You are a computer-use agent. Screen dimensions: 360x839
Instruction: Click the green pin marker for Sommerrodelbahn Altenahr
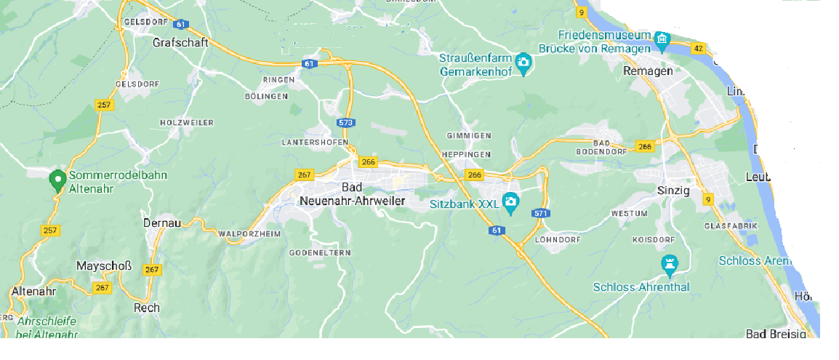pyautogui.click(x=57, y=180)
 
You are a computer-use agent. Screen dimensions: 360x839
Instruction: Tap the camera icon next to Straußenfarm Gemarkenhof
pyautogui.click(x=523, y=64)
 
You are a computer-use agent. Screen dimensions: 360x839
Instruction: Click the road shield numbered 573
pyautogui.click(x=346, y=124)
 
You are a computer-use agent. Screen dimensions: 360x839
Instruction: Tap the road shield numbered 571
pyautogui.click(x=539, y=213)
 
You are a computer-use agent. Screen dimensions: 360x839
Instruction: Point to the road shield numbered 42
pyautogui.click(x=699, y=48)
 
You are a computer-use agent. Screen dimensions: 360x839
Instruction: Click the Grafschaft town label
pyautogui.click(x=180, y=43)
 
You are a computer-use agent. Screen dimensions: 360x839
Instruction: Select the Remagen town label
pyautogui.click(x=648, y=71)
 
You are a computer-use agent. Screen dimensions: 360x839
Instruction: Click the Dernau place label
pyautogui.click(x=161, y=223)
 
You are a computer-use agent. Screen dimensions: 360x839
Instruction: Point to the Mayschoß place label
pyautogui.click(x=104, y=266)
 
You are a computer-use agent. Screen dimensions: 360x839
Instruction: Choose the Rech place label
pyautogui.click(x=146, y=308)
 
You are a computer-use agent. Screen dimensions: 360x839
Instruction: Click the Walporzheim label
pyautogui.click(x=249, y=234)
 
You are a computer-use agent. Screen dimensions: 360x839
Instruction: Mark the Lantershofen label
pyautogui.click(x=315, y=143)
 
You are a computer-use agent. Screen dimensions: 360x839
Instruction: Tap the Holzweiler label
pyautogui.click(x=187, y=123)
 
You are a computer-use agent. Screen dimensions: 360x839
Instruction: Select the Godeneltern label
pyautogui.click(x=320, y=252)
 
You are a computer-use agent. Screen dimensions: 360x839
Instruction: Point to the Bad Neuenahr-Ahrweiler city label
pyautogui.click(x=352, y=193)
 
